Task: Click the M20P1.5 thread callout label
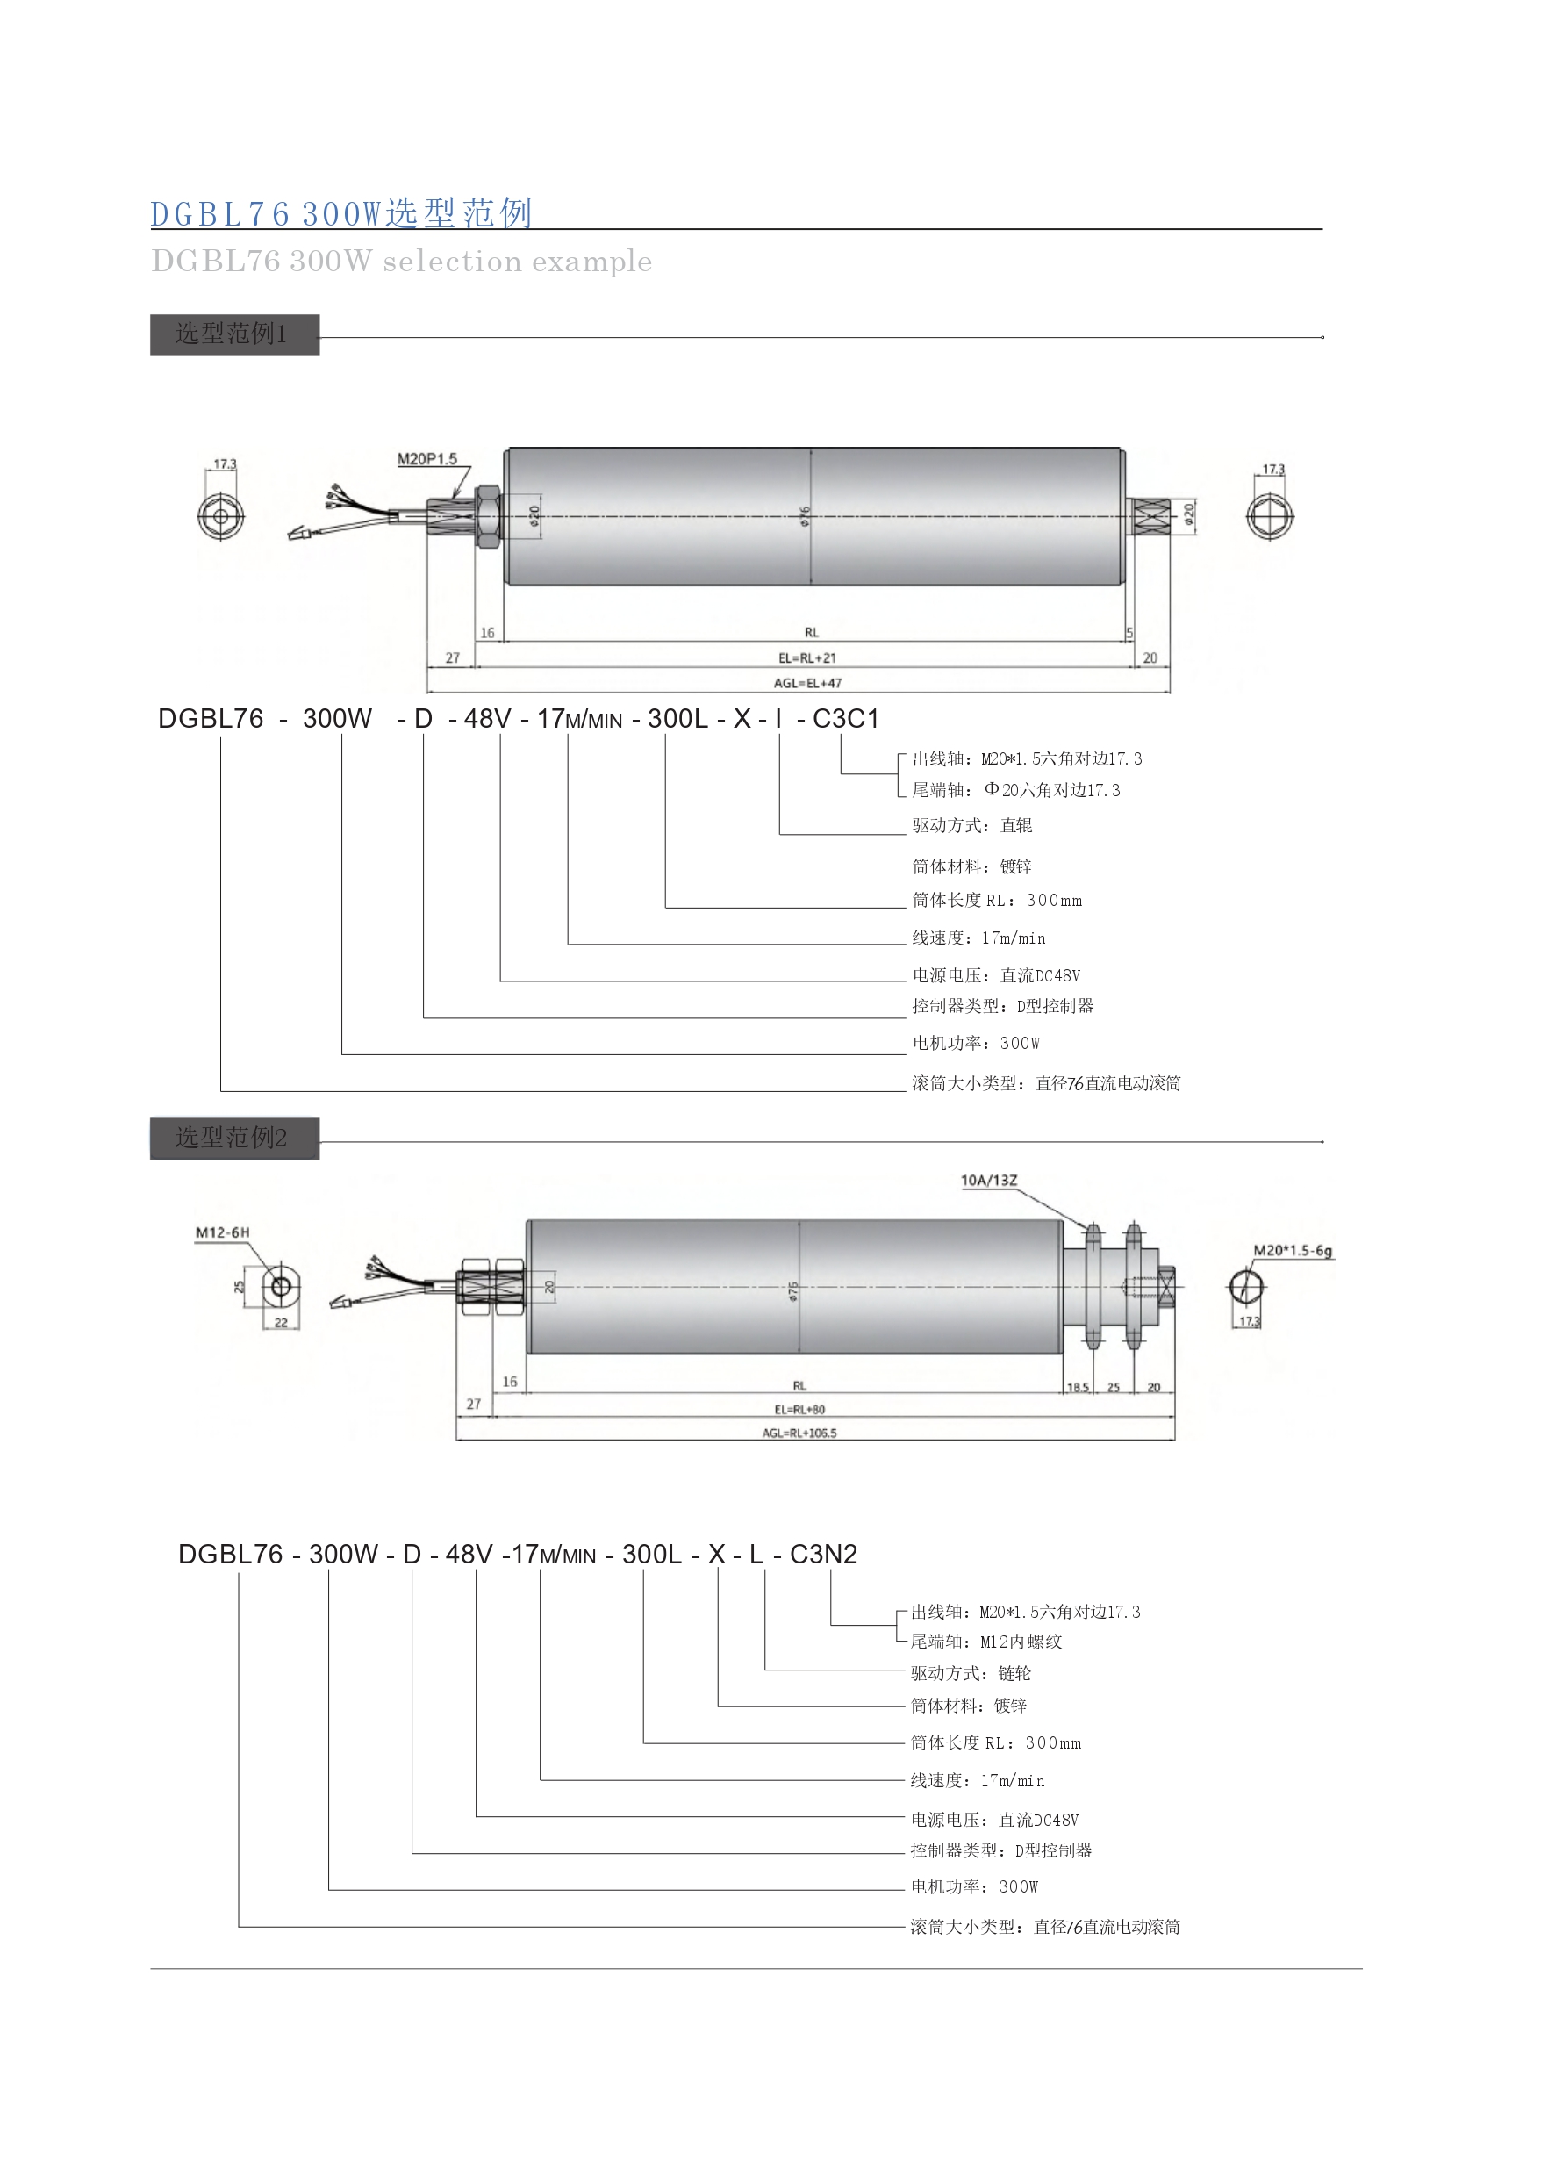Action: point(427,459)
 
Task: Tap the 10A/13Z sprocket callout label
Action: point(988,1181)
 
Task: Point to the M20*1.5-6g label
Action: point(1293,1250)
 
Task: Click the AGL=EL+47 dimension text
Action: point(807,683)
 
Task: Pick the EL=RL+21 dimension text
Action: point(807,658)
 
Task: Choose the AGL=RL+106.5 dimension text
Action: point(799,1433)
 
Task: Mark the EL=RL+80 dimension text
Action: point(799,1410)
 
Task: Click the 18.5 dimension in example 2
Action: point(1078,1388)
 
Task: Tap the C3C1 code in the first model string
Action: point(845,719)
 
